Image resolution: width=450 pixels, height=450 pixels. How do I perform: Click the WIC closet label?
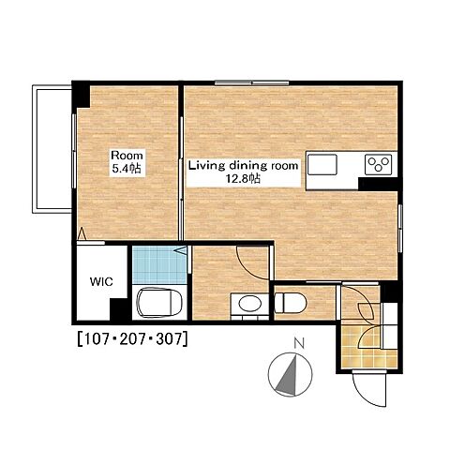[101, 282]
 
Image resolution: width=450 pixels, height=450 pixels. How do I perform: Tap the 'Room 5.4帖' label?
[127, 162]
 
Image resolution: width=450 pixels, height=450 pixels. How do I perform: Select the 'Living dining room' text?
[244, 165]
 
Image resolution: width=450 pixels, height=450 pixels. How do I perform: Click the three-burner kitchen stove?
[378, 164]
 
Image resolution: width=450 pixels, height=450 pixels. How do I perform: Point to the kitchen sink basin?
[322, 164]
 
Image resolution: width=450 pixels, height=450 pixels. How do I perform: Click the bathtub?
[159, 302]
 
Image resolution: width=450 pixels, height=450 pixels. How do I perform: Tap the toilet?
[291, 303]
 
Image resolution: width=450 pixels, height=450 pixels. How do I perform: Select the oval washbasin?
[250, 303]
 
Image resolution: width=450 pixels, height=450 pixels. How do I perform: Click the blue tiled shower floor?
[159, 264]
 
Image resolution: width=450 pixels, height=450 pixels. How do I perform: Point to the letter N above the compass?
[300, 344]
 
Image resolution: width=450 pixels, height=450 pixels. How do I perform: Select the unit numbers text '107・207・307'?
[133, 338]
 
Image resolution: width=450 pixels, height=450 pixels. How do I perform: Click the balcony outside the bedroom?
[52, 149]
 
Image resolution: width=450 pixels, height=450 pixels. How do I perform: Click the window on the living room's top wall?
[252, 83]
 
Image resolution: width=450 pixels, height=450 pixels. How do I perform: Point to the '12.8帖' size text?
[244, 179]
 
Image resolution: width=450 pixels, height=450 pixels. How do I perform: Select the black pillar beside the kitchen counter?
[378, 184]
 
